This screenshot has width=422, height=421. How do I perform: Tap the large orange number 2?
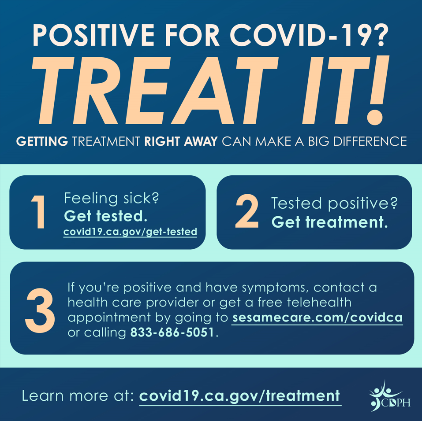[247, 211]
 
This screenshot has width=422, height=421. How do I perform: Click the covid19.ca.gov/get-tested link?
[130, 232]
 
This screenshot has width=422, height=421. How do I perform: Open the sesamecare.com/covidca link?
[317, 318]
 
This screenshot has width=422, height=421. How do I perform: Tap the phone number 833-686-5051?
[172, 332]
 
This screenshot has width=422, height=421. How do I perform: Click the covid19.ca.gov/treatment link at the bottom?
[240, 396]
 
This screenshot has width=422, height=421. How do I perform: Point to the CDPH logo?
[389, 396]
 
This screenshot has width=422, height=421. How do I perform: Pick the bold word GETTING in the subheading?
[42, 141]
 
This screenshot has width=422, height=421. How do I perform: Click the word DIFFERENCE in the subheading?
[370, 141]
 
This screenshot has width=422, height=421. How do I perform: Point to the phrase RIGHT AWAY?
[181, 141]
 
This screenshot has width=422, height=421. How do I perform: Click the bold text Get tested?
[106, 216]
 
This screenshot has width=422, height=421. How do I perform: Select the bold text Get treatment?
[330, 222]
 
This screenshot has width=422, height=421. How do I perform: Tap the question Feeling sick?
[111, 199]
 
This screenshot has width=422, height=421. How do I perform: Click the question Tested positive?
[334, 203]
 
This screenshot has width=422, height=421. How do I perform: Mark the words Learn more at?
[78, 396]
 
